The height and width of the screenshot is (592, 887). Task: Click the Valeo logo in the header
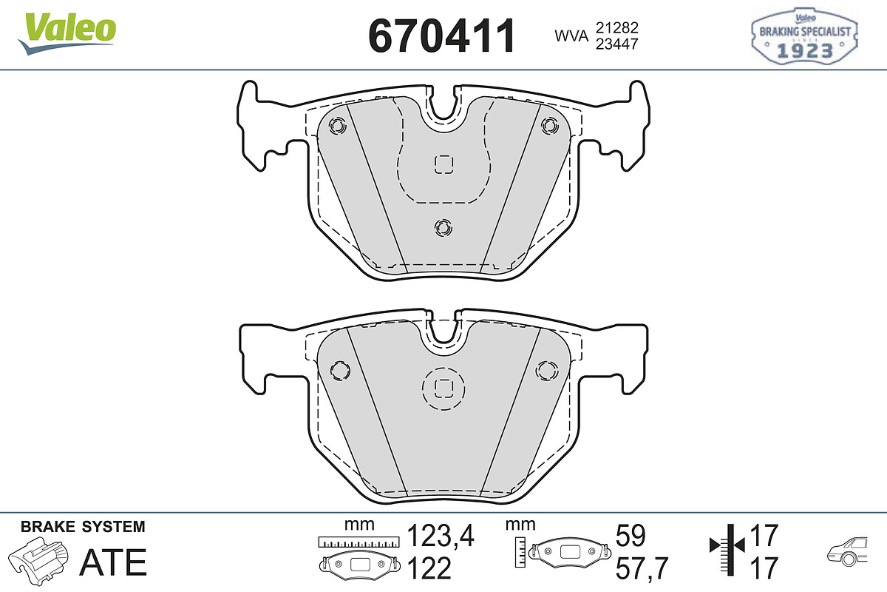pyautogui.click(x=67, y=33)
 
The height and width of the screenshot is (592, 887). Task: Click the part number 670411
pyautogui.click(x=441, y=36)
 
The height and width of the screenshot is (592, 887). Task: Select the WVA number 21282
pyautogui.click(x=617, y=27)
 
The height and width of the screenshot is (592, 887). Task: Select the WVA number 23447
pyautogui.click(x=617, y=44)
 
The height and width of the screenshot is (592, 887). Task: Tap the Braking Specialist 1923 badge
pyautogui.click(x=805, y=36)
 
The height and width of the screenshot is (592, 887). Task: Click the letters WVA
pyautogui.click(x=571, y=36)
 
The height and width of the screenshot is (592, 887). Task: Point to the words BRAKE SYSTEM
pyautogui.click(x=83, y=527)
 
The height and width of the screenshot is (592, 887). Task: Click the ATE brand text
pyautogui.click(x=113, y=562)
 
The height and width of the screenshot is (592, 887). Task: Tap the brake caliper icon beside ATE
pyautogui.click(x=38, y=560)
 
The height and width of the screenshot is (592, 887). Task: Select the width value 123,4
pyautogui.click(x=441, y=536)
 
